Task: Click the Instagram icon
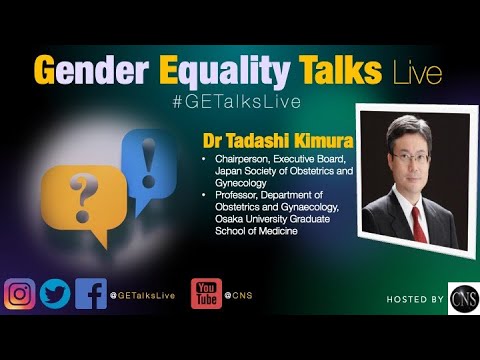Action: (20, 294)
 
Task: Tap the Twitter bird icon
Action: (55, 294)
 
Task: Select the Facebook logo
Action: (91, 294)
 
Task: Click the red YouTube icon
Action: (206, 294)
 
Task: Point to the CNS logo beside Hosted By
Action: (464, 299)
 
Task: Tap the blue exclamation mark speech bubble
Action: (149, 170)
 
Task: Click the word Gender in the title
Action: (91, 70)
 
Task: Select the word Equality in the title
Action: (224, 72)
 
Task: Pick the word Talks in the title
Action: (340, 69)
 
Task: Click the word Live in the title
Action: (418, 73)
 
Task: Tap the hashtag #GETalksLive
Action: (237, 102)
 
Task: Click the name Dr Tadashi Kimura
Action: (278, 141)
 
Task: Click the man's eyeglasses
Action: (410, 158)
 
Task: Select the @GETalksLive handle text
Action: (143, 295)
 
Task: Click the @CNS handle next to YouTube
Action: (239, 295)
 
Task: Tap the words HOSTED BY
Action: (415, 299)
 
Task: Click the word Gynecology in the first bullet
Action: (241, 183)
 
